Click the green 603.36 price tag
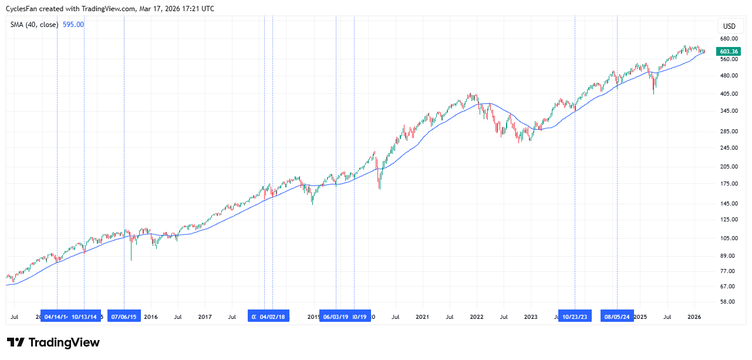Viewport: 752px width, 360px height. point(729,52)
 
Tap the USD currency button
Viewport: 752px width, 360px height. point(729,26)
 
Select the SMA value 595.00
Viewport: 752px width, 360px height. point(73,25)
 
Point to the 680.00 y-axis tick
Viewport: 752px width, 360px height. point(729,39)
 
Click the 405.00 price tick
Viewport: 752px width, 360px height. point(729,93)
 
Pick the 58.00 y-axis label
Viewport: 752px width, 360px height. point(729,302)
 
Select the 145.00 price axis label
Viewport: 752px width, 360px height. point(729,204)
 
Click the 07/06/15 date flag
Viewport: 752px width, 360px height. point(124,317)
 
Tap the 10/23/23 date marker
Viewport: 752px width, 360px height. point(575,317)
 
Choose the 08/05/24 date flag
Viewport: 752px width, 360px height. point(617,317)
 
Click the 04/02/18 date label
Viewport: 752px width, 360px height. point(273,317)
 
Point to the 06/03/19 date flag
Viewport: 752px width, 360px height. point(336,317)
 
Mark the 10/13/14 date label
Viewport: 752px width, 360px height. point(85,317)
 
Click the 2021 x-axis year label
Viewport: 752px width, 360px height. point(422,317)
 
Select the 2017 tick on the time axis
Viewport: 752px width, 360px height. point(205,317)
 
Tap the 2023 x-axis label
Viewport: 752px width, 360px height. point(531,317)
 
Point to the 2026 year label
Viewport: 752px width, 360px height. point(694,317)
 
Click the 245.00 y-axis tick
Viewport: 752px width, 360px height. point(729,148)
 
